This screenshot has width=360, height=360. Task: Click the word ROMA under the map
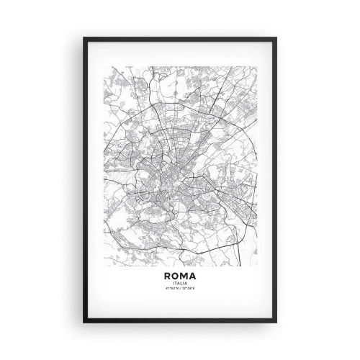(180, 276)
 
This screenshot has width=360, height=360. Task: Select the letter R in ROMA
(168, 276)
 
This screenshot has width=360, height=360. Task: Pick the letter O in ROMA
(176, 276)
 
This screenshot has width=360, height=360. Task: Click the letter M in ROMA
(184, 276)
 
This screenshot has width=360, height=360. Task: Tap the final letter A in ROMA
(192, 276)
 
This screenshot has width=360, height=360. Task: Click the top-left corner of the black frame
(84, 37)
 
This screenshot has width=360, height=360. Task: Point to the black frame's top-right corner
(276, 37)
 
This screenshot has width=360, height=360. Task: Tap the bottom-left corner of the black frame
(84, 322)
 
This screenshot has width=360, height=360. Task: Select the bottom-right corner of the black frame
(276, 322)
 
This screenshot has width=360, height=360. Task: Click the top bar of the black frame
(180, 38)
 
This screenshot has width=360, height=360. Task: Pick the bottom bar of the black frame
(180, 321)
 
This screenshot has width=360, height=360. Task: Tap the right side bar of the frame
(276, 180)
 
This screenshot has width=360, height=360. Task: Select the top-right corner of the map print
(256, 67)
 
